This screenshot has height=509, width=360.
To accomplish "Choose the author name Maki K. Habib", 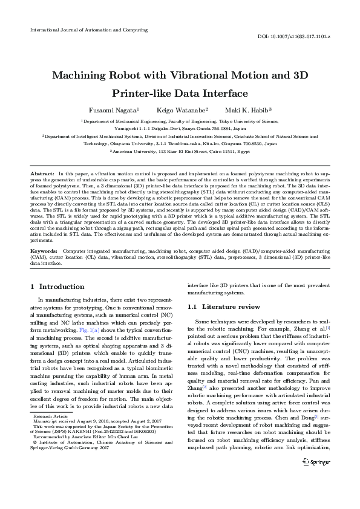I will (248, 110).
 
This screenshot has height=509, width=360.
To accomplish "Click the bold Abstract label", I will (42, 173).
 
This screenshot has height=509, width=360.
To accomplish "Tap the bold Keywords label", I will (44, 250).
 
